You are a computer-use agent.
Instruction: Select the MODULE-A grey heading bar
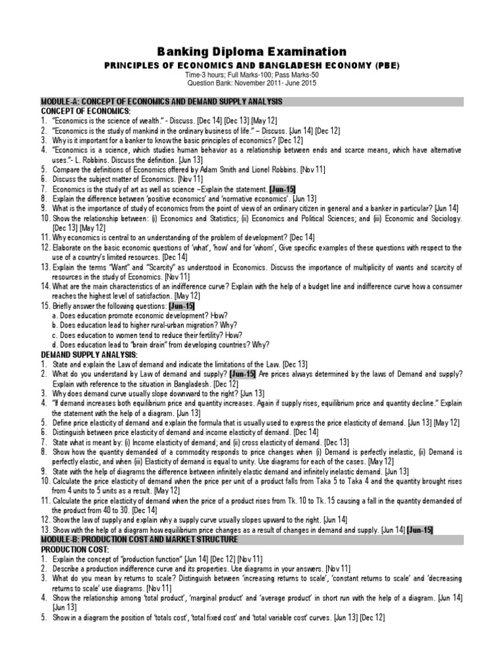252,102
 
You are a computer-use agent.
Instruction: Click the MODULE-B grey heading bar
252,539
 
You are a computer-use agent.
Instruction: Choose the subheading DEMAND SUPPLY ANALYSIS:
89,355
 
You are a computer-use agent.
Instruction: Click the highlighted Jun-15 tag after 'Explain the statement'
286,189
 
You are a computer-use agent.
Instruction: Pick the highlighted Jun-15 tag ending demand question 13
419,530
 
